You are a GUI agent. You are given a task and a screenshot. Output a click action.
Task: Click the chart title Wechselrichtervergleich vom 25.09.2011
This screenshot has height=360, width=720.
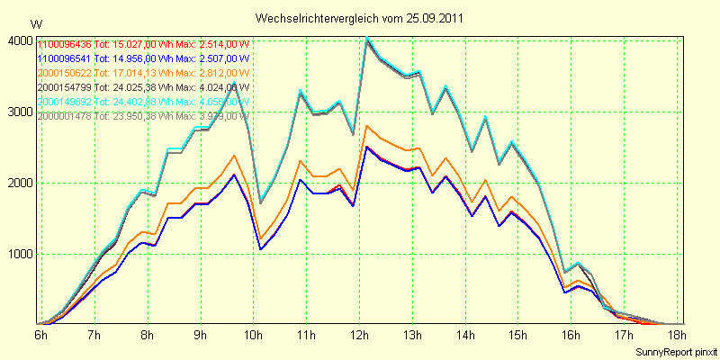click(360, 18)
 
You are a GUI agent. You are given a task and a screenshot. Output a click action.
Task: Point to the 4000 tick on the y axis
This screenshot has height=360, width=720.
click(20, 40)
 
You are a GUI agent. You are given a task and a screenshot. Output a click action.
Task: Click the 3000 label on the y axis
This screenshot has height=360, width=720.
click(20, 112)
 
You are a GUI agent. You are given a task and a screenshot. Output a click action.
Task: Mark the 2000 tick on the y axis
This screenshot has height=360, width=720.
click(20, 183)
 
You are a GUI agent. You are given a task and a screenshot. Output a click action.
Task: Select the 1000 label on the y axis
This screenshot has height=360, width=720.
click(20, 254)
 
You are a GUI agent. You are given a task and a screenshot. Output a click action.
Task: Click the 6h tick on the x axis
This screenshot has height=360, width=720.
click(41, 335)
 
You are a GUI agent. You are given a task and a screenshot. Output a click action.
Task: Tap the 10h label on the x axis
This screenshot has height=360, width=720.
click(254, 335)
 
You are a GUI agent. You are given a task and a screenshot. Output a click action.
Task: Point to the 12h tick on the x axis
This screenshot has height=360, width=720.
click(360, 335)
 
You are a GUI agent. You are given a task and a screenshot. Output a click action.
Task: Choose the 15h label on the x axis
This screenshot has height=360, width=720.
click(519, 335)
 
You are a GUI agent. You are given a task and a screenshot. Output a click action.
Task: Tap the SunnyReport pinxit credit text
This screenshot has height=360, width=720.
click(676, 351)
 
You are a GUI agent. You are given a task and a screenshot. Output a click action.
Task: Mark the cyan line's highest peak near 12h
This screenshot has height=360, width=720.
click(366, 37)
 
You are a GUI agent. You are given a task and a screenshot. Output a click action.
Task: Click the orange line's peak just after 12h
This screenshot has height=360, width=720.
click(366, 126)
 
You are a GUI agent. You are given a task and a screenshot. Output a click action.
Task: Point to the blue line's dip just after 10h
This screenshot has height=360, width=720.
click(261, 249)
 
